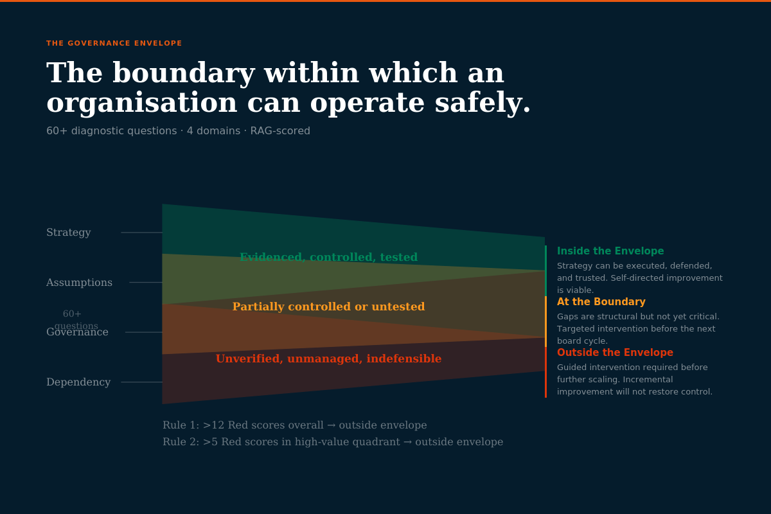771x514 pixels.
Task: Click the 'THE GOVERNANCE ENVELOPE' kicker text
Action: click(x=114, y=44)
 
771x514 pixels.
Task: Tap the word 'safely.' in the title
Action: click(x=483, y=103)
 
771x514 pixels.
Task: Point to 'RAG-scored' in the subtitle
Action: click(x=280, y=131)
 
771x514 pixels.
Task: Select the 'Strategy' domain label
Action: click(x=69, y=233)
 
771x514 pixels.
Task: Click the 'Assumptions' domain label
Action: click(x=79, y=283)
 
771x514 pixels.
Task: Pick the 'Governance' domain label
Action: click(x=77, y=333)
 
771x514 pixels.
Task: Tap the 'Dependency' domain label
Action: click(x=78, y=382)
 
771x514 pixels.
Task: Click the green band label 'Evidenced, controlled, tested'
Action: click(x=328, y=258)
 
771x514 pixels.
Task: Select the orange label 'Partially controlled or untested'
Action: click(x=328, y=307)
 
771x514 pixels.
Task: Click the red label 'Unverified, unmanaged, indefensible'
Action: click(x=328, y=359)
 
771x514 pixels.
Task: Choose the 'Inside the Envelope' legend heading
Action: click(x=610, y=251)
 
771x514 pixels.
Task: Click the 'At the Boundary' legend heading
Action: click(x=601, y=302)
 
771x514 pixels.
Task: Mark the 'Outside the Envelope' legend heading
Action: click(x=615, y=353)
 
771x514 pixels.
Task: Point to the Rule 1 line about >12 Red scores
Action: click(x=294, y=425)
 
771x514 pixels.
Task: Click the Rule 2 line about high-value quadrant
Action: click(x=332, y=442)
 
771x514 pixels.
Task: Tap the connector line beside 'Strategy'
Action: click(x=141, y=233)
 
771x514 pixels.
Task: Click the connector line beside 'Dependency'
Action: click(x=141, y=382)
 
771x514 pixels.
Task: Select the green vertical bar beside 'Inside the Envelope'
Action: click(x=545, y=270)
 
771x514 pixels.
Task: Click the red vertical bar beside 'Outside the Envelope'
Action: click(x=545, y=373)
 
